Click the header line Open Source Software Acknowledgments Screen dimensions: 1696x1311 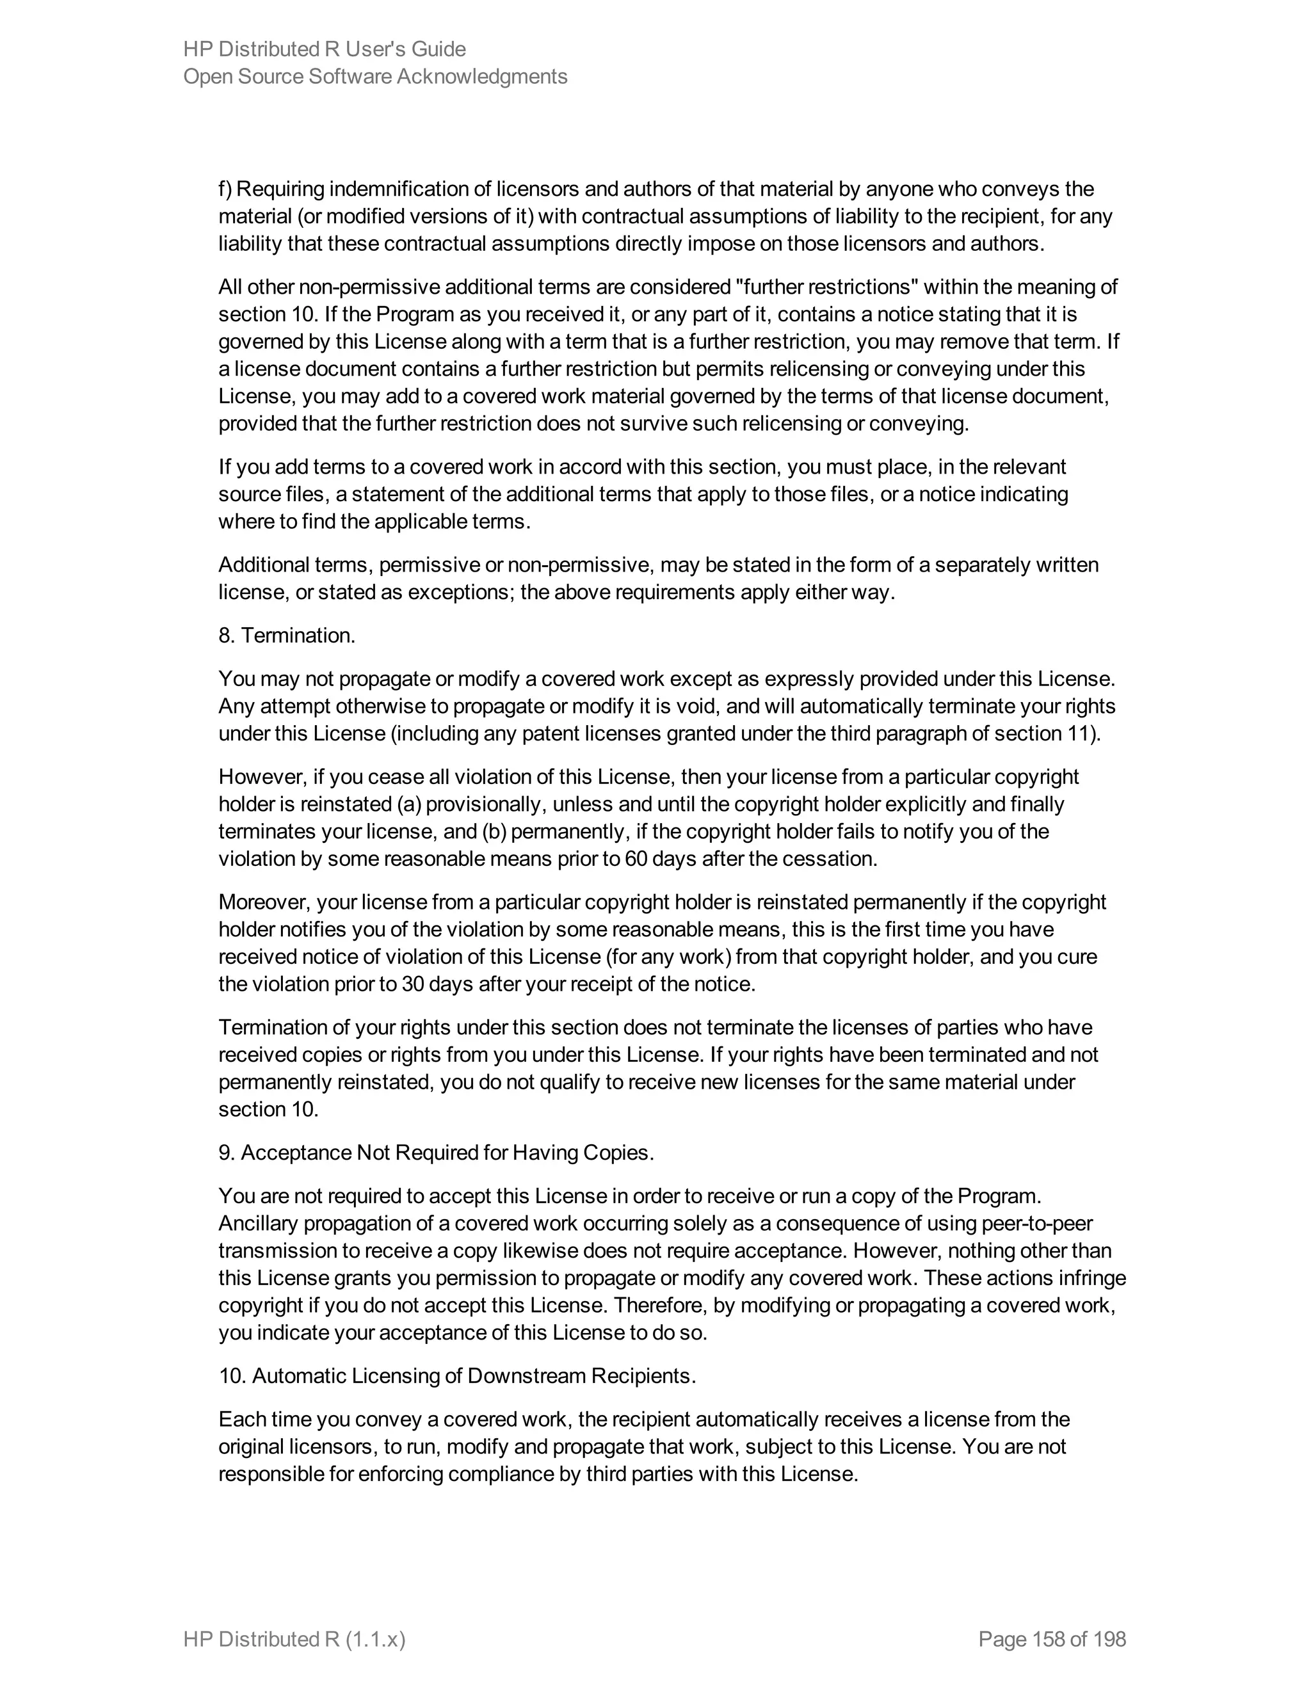click(375, 77)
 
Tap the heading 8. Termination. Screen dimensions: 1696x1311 click(287, 636)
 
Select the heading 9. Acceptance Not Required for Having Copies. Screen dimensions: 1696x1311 click(436, 1153)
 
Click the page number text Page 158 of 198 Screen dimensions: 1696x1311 click(1052, 1639)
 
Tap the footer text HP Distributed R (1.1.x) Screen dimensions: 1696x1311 click(294, 1639)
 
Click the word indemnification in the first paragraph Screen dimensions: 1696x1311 click(411, 189)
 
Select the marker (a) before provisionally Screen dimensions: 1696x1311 click(408, 804)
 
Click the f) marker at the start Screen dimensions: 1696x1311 click(225, 189)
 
